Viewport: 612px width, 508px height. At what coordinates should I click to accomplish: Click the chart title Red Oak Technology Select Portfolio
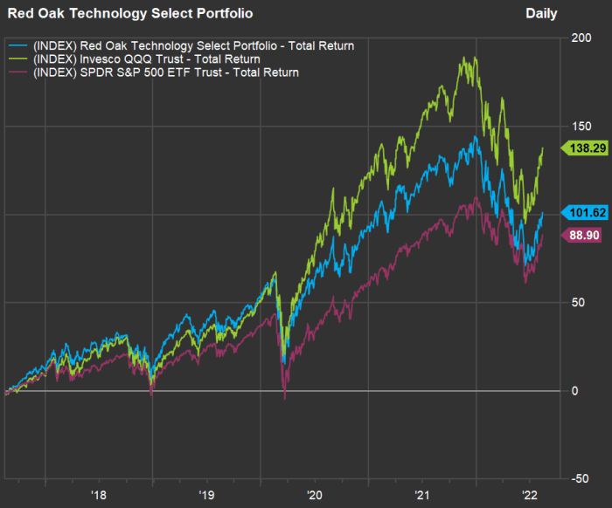[130, 14]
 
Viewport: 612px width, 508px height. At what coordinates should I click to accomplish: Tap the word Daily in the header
[541, 14]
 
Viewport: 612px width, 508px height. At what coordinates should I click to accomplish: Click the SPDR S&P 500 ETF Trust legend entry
[165, 72]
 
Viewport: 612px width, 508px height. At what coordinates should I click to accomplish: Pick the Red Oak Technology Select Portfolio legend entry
[192, 45]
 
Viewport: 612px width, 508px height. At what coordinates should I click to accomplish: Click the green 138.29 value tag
[584, 150]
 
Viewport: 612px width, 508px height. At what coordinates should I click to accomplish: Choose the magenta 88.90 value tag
[584, 235]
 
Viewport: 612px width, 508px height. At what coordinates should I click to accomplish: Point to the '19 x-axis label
[206, 495]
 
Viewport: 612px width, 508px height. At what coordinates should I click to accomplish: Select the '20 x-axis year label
[315, 495]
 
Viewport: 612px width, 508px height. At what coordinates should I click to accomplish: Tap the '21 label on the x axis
[422, 495]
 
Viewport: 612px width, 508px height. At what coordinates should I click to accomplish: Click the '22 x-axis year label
[530, 495]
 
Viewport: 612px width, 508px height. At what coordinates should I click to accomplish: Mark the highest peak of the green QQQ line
[475, 58]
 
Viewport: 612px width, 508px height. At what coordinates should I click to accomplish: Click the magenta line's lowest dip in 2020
[284, 398]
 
